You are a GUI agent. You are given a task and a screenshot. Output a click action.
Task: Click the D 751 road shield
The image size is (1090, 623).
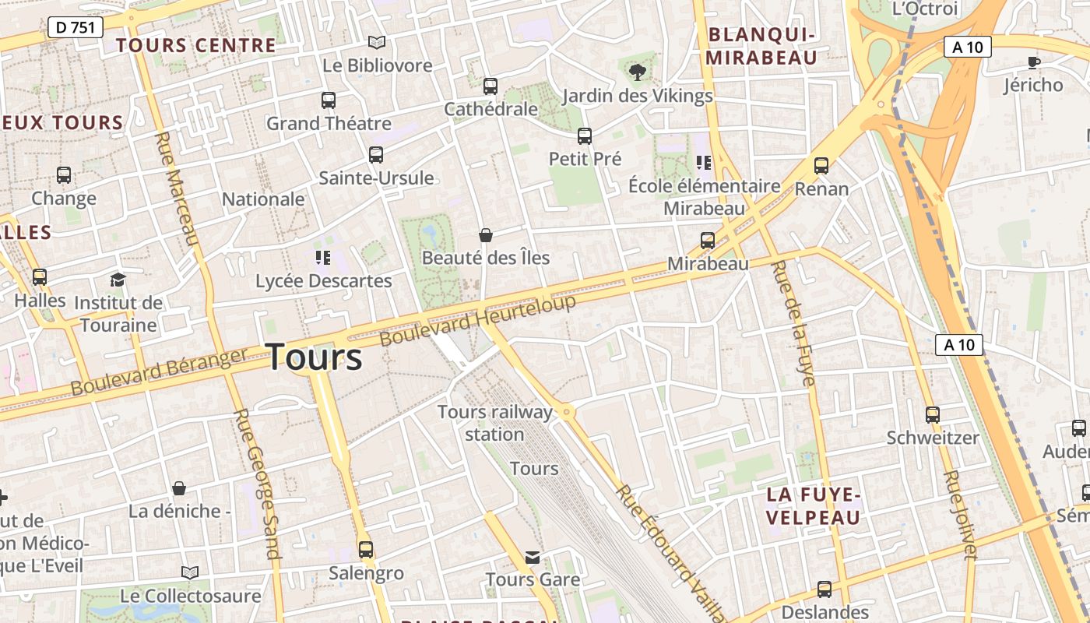click(76, 28)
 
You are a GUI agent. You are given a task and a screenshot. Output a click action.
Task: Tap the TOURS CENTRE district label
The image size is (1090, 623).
click(196, 45)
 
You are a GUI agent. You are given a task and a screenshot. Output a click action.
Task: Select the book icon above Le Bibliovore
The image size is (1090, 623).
click(377, 42)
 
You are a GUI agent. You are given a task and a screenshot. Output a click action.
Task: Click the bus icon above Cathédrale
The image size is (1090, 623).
click(490, 86)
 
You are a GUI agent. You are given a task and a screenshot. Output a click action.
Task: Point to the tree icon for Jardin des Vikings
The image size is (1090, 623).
click(637, 72)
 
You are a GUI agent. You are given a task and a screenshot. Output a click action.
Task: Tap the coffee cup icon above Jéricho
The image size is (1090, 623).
click(1033, 62)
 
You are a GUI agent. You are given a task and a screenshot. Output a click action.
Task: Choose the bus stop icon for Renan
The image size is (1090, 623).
click(821, 165)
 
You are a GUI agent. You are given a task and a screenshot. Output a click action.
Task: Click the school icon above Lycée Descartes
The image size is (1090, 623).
click(322, 258)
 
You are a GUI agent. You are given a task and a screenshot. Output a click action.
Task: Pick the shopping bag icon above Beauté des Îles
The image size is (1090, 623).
click(486, 234)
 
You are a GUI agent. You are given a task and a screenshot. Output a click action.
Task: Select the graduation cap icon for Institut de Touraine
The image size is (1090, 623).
click(118, 280)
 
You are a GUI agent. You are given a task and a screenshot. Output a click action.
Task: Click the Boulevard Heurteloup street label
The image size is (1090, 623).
click(478, 320)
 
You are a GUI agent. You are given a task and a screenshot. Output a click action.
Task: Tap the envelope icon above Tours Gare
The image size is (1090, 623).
click(533, 557)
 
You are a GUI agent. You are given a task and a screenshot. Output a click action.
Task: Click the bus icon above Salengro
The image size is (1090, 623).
click(366, 550)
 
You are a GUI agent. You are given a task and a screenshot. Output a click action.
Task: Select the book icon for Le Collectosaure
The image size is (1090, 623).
click(190, 573)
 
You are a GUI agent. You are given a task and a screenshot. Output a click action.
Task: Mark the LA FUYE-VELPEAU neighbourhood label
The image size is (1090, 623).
click(814, 506)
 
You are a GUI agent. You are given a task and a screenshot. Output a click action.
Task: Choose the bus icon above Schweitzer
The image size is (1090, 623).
click(933, 415)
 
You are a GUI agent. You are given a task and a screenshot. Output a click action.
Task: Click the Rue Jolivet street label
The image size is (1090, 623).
click(960, 515)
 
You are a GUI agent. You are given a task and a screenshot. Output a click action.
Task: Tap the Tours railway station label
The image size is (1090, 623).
click(495, 423)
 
